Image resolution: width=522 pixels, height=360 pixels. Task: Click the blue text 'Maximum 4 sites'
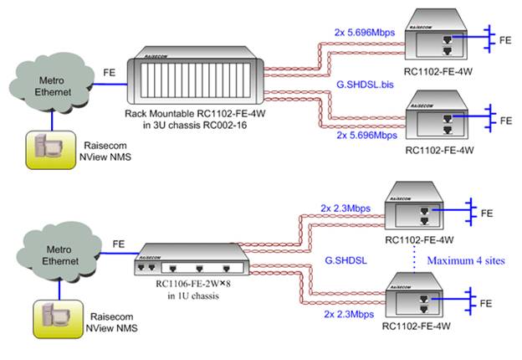468,260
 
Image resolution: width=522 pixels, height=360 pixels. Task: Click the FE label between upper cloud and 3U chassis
110,72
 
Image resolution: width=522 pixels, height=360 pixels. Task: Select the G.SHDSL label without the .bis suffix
343,260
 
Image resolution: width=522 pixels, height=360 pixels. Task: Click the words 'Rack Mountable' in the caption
156,113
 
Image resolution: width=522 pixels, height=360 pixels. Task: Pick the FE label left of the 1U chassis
119,244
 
